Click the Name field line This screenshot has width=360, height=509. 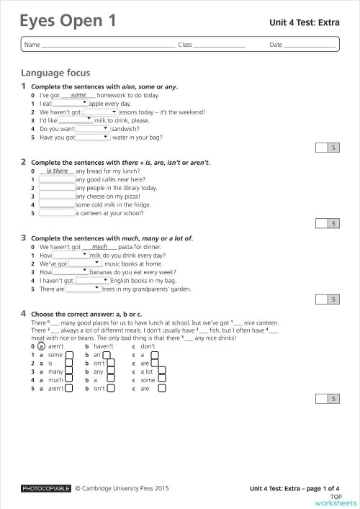click(x=108, y=46)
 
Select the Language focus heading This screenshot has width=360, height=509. click(x=55, y=73)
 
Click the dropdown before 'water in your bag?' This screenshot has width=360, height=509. click(x=93, y=137)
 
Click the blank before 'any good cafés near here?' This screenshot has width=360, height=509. click(x=57, y=179)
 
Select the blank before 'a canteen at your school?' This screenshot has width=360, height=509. click(x=57, y=213)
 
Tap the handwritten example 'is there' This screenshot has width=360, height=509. click(x=56, y=171)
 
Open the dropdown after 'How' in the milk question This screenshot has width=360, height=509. click(x=71, y=255)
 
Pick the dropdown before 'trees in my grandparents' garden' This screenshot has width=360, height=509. click(x=84, y=289)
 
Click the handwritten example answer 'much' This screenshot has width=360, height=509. click(x=99, y=246)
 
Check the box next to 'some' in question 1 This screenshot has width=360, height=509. click(x=69, y=355)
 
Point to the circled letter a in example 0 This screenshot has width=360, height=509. click(x=41, y=346)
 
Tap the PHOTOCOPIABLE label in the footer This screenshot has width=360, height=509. click(x=46, y=488)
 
